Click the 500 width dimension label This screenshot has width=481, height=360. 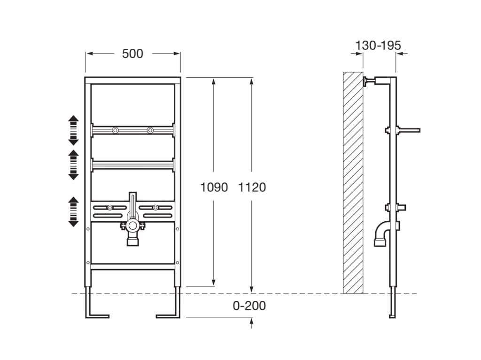tap(132, 54)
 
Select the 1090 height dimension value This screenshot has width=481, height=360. tap(214, 187)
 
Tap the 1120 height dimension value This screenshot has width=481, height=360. tap(252, 187)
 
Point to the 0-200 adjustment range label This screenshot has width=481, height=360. tap(249, 306)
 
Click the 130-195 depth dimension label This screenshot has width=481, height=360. tap(378, 45)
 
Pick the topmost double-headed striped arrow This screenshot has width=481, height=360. tap(74, 130)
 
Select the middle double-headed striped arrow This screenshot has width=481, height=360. tap(74, 165)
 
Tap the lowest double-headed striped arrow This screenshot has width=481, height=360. tap(74, 211)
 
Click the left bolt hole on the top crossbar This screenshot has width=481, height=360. tap(115, 130)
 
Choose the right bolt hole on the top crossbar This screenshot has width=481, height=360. tap(150, 130)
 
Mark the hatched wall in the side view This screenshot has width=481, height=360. tap(353, 183)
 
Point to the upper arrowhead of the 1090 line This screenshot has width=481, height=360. tap(214, 82)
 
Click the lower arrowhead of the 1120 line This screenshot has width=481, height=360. tap(252, 289)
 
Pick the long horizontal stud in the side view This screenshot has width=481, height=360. tap(408, 130)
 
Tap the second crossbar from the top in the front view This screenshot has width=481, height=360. tap(133, 165)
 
